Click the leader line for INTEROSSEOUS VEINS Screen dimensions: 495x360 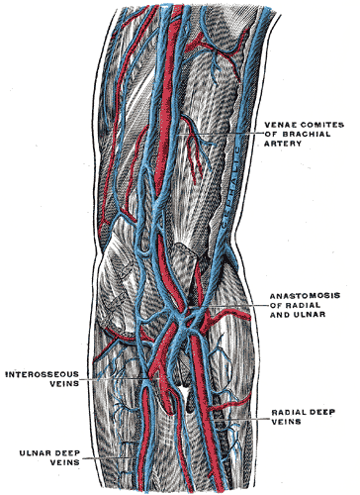[119, 379]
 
